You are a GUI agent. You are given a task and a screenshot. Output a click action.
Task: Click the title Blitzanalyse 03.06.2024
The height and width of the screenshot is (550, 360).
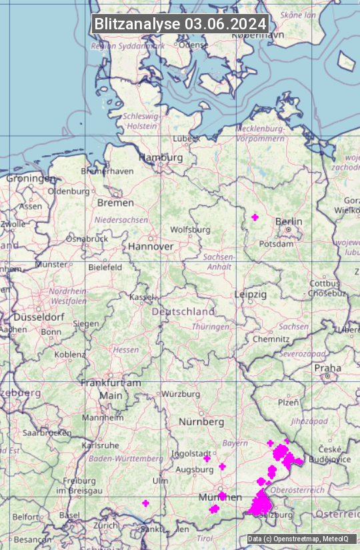tap(180, 23)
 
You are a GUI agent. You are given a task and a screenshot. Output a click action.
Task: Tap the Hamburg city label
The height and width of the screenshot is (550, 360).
tap(160, 157)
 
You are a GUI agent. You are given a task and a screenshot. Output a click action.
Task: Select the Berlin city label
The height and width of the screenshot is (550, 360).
tap(289, 221)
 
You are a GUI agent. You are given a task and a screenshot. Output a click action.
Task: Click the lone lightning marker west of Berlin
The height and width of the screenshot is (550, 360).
tap(255, 217)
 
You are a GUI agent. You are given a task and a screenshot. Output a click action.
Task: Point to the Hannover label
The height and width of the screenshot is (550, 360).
tap(151, 246)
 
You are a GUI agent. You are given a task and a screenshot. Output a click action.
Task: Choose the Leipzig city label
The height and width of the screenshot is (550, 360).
tap(251, 294)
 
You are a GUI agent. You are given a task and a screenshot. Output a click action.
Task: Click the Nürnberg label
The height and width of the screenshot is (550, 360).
tap(201, 422)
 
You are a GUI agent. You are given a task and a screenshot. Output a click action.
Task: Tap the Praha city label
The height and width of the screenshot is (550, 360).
tap(327, 367)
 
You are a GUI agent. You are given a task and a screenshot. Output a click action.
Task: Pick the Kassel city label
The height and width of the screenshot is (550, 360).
tap(141, 296)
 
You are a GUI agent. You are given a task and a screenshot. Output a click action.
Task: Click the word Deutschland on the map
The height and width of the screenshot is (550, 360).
tap(183, 311)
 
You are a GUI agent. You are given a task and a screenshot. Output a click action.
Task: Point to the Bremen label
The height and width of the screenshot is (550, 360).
tap(115, 202)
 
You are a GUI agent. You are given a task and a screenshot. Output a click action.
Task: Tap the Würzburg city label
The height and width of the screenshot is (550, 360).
tap(181, 394)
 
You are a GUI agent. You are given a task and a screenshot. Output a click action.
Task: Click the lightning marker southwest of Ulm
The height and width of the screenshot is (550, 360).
tap(145, 503)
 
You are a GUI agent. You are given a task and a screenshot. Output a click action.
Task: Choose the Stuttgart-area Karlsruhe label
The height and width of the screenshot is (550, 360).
tap(99, 445)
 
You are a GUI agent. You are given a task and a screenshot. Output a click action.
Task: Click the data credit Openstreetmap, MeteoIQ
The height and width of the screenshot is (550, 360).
tap(297, 539)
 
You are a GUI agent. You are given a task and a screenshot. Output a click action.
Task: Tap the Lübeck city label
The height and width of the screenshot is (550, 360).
tap(186, 139)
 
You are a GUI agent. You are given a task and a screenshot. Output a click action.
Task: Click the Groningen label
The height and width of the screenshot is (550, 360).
tap(31, 178)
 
